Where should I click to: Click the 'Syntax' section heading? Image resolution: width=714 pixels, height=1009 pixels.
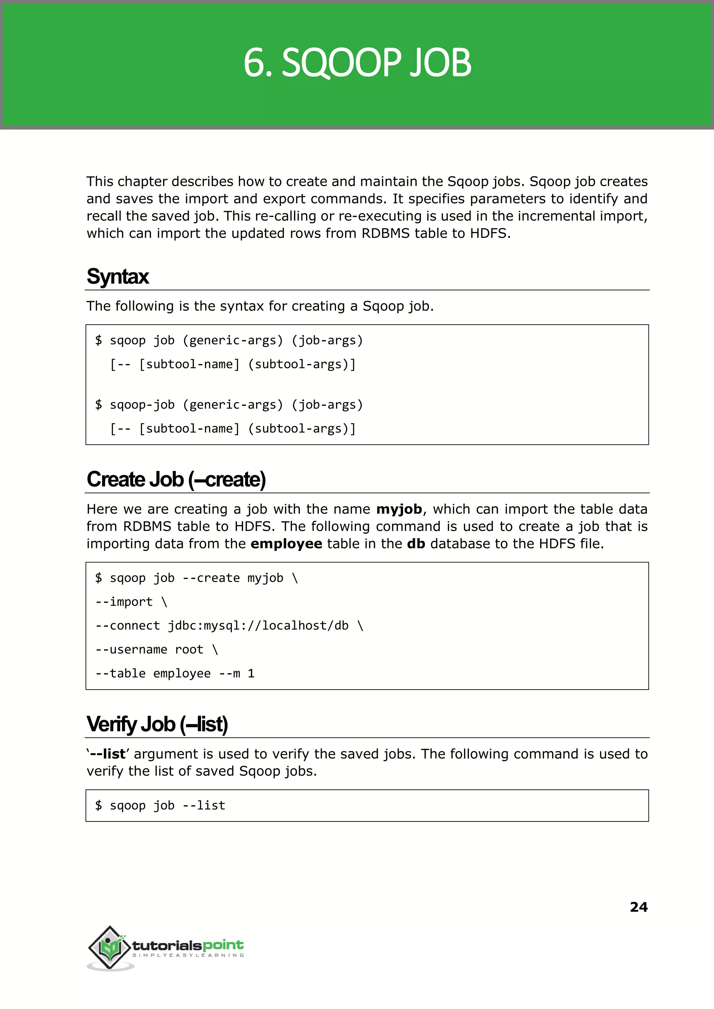(118, 276)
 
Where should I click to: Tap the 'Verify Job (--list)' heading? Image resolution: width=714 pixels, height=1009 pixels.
(157, 724)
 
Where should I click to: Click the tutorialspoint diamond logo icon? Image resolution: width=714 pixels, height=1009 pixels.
(110, 947)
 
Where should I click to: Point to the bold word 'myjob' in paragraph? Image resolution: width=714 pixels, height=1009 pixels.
(399, 509)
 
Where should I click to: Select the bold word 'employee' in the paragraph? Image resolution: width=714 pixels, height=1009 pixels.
(286, 544)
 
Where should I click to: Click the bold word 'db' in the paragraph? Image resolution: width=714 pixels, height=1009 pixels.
(416, 544)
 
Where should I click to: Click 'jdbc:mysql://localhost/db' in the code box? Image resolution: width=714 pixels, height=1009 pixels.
(258, 625)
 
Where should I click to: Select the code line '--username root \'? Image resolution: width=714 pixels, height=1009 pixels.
(157, 650)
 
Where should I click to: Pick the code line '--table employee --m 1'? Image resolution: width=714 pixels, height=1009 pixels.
(175, 673)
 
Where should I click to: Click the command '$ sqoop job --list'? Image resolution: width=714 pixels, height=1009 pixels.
(160, 805)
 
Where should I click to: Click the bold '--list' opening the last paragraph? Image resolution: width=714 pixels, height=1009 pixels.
(108, 754)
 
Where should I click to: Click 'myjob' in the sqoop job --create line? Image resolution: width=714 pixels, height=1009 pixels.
(265, 578)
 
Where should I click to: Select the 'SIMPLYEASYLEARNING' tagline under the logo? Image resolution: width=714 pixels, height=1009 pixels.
(188, 955)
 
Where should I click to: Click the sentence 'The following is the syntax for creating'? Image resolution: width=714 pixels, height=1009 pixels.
(259, 306)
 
